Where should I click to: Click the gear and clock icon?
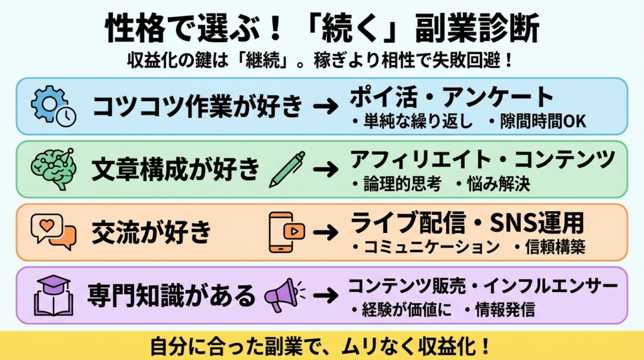53,106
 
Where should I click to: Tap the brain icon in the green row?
53,168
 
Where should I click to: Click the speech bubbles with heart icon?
53,230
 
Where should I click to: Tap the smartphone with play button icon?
287,231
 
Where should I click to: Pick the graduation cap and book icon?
53,295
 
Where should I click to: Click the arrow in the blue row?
326,106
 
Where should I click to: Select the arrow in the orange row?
326,232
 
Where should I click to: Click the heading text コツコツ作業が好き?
197,106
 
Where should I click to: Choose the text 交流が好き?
151,232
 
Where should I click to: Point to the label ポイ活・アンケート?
452,98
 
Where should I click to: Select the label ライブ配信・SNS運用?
467,223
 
